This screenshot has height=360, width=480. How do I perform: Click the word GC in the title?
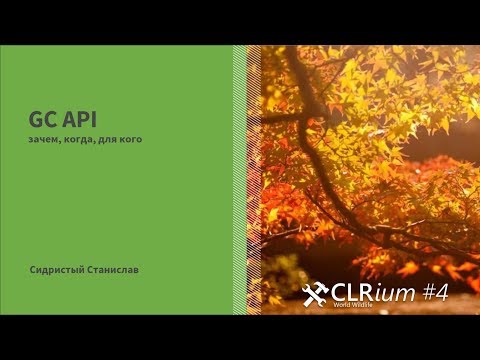[41, 119]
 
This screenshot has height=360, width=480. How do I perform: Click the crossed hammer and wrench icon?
[315, 293]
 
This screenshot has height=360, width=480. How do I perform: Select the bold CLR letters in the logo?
[353, 291]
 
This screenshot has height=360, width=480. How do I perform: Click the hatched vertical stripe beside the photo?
[240, 180]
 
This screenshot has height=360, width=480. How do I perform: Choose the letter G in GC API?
[35, 119]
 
